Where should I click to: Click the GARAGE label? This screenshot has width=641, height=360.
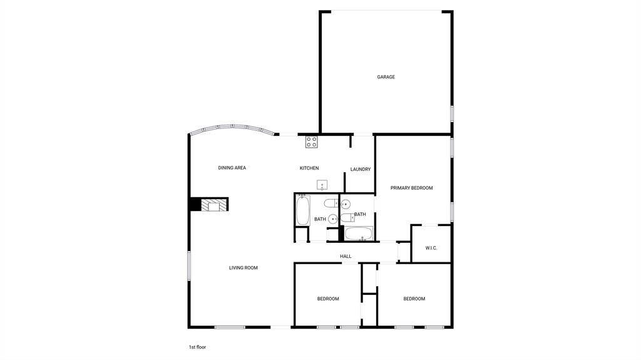click(x=386, y=77)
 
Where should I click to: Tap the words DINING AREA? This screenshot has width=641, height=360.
click(x=232, y=168)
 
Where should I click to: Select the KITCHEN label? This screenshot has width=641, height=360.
click(x=309, y=168)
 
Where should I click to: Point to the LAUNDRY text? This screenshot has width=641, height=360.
click(x=361, y=170)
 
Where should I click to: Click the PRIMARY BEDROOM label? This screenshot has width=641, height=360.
click(x=411, y=188)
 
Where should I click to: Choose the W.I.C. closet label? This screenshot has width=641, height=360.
click(x=431, y=248)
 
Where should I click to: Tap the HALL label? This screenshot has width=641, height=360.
click(x=346, y=257)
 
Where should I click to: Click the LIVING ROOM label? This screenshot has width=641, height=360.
click(x=244, y=268)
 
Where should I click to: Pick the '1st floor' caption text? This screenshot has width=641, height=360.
click(x=197, y=347)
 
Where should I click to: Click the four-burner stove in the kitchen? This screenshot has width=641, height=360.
click(x=311, y=142)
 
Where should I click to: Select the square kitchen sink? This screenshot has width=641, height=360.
click(x=322, y=185)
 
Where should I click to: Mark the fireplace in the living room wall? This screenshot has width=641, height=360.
click(x=208, y=205)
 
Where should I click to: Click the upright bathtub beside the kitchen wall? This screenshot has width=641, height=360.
click(x=303, y=210)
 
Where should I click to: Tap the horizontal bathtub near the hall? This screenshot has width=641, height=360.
click(x=359, y=234)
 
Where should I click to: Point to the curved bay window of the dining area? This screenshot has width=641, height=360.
click(x=233, y=128)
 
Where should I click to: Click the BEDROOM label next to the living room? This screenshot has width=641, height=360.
click(x=328, y=299)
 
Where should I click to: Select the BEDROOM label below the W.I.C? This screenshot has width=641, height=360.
click(x=414, y=299)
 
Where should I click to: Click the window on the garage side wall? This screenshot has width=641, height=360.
click(x=452, y=114)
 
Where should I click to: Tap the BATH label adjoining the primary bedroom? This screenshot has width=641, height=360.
click(x=360, y=214)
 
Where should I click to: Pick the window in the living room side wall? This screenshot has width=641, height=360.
click(x=189, y=266)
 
